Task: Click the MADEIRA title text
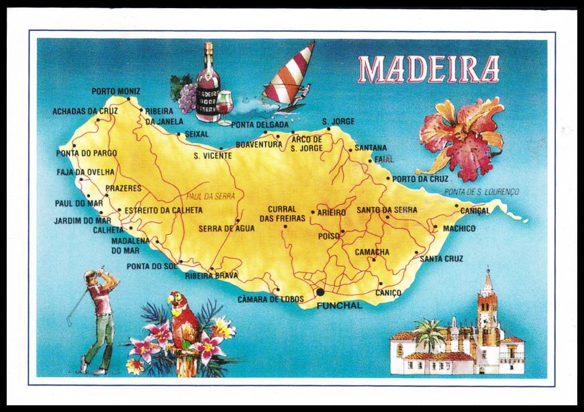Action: [x=429, y=68]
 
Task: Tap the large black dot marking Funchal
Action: [x=320, y=292]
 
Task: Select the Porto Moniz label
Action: [x=116, y=91]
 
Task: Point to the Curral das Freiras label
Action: [x=282, y=213]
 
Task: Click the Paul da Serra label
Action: [x=203, y=197]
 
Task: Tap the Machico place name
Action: [x=458, y=229]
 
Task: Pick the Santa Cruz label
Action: [x=441, y=258]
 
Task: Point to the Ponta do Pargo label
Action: [x=86, y=153]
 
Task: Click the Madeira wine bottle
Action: [x=208, y=84]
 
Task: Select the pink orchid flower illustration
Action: [x=463, y=138]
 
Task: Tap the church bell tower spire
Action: [x=487, y=282]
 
